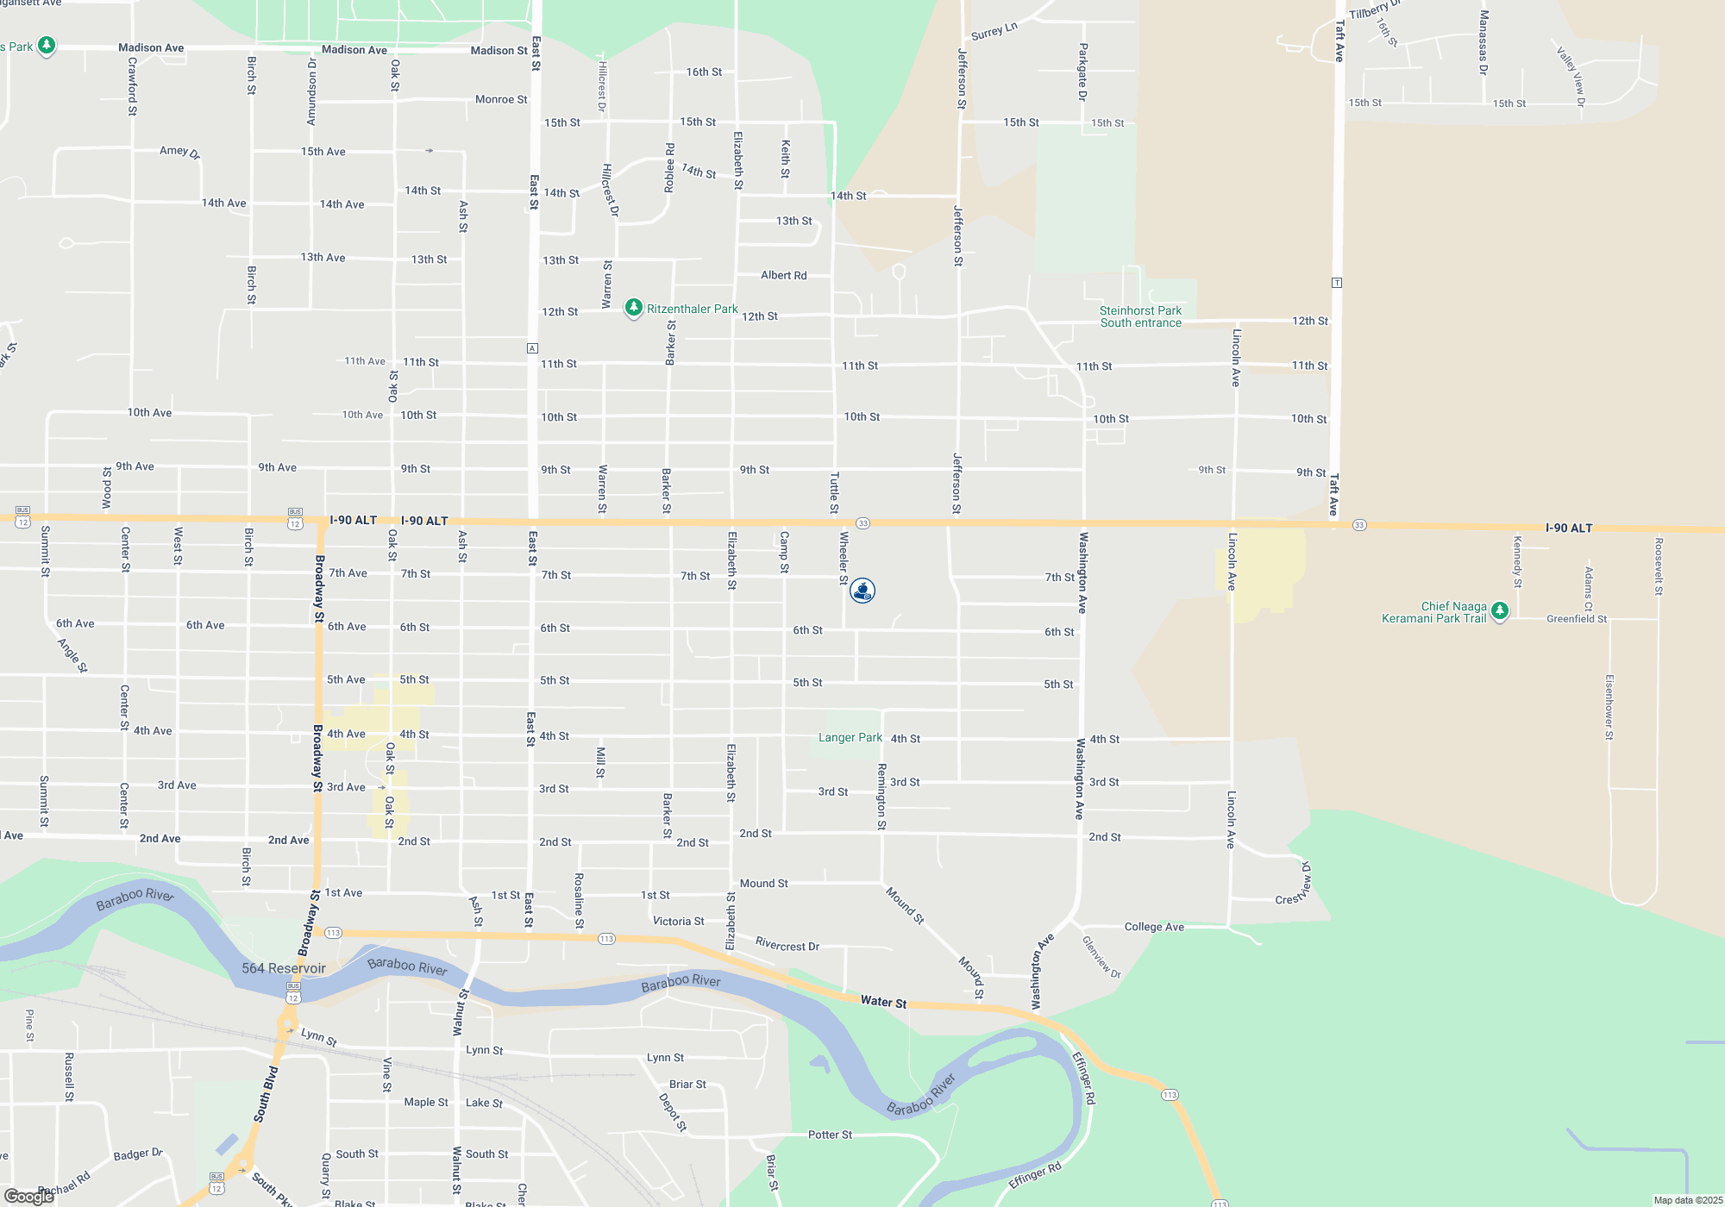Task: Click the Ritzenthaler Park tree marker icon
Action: tap(634, 308)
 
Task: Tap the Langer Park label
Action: tap(850, 738)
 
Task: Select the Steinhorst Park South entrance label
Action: tap(1140, 316)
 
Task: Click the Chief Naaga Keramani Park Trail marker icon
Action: tap(1500, 611)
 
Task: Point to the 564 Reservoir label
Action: tap(284, 968)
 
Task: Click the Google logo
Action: tap(28, 1196)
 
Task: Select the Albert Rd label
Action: tap(783, 276)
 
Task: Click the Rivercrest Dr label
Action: tap(787, 945)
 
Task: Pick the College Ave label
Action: tap(1154, 927)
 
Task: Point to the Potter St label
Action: tap(830, 1135)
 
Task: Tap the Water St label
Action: tap(883, 1002)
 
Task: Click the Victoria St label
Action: tap(678, 922)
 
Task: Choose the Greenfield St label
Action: tap(1577, 619)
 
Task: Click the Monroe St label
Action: tap(501, 100)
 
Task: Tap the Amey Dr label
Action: tap(179, 152)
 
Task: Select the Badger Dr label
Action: tap(138, 1154)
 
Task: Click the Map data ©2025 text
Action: tap(1687, 1200)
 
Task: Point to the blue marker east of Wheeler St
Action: tap(862, 591)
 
